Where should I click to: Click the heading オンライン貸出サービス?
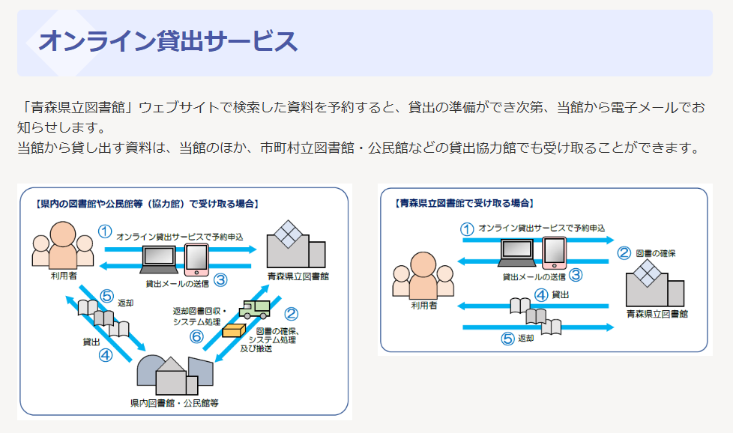(x=168, y=42)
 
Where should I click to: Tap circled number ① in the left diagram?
(x=106, y=232)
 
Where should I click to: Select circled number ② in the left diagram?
(x=291, y=315)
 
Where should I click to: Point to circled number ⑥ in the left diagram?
(x=197, y=338)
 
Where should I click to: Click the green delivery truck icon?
(x=254, y=309)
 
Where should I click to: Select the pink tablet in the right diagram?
(x=554, y=252)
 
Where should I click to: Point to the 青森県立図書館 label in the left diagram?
(x=298, y=276)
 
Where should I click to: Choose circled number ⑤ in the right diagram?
(x=507, y=338)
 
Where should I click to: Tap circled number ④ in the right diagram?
(x=540, y=295)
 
